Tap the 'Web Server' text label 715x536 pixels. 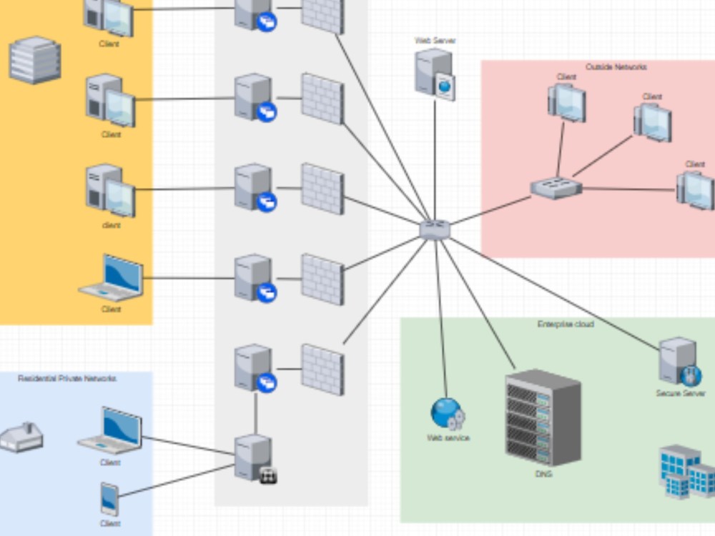tap(435, 41)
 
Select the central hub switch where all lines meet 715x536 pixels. tap(435, 229)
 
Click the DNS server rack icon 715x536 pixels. tap(543, 417)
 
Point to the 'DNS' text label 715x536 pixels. tap(543, 474)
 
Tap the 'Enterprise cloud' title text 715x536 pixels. tap(565, 324)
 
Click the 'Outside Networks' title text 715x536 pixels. tap(616, 67)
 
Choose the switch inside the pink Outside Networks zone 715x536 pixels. tap(556, 188)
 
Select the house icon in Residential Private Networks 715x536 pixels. tap(21, 437)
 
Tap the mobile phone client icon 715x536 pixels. tap(109, 499)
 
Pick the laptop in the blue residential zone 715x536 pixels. tap(111, 431)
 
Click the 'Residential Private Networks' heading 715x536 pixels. tap(66, 378)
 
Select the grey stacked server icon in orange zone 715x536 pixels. tap(34, 60)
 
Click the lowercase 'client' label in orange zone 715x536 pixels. tap(111, 225)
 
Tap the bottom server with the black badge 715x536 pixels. tap(255, 458)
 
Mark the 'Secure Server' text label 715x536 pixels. tap(680, 393)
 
